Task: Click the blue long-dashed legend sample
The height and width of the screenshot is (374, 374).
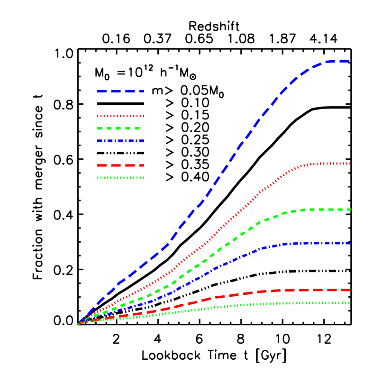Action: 120,91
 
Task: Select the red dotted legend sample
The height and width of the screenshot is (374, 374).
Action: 120,116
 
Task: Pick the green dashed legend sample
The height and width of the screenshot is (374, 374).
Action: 118,128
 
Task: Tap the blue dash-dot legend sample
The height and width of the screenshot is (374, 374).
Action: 120,141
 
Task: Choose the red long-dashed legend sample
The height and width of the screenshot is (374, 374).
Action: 120,165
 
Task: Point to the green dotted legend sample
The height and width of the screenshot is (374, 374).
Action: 120,178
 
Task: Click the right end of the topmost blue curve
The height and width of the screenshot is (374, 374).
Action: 349,61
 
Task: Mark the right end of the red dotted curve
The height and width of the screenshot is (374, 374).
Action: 349,164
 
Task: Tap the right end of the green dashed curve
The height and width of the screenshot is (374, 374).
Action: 349,209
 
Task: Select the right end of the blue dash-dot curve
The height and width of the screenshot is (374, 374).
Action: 349,243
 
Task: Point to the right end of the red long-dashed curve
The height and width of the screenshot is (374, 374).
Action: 349,290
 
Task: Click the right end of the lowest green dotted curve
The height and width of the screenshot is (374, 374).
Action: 349,302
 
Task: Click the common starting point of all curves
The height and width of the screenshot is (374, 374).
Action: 79,324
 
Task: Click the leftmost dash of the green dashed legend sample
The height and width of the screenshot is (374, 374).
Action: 100,128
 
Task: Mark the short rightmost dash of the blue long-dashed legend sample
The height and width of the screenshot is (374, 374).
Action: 142,91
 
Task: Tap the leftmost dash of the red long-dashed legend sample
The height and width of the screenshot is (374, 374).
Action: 101,165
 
